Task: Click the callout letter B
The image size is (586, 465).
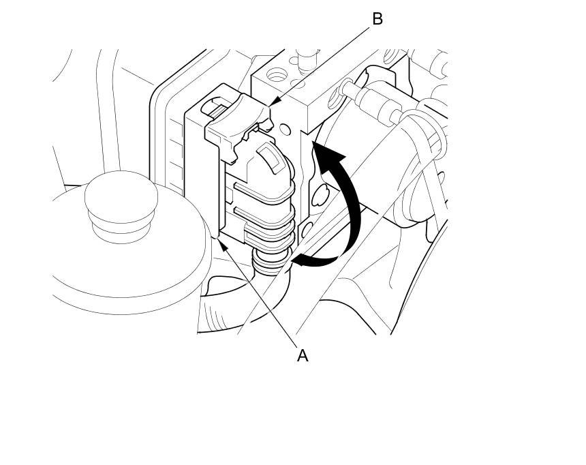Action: (x=377, y=19)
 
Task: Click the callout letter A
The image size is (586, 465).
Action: (x=303, y=355)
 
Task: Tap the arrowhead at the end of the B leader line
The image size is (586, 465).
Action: (x=273, y=104)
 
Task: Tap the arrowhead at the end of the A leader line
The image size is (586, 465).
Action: (x=219, y=237)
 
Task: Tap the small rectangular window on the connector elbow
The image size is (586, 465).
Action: (x=271, y=158)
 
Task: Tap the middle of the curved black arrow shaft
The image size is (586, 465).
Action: (x=354, y=205)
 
